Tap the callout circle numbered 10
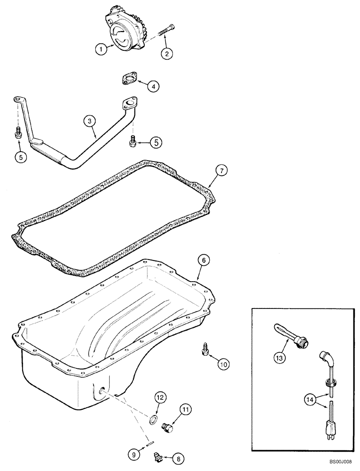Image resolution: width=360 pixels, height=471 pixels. [x=223, y=363]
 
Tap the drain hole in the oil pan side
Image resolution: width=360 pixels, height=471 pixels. [x=102, y=390]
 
